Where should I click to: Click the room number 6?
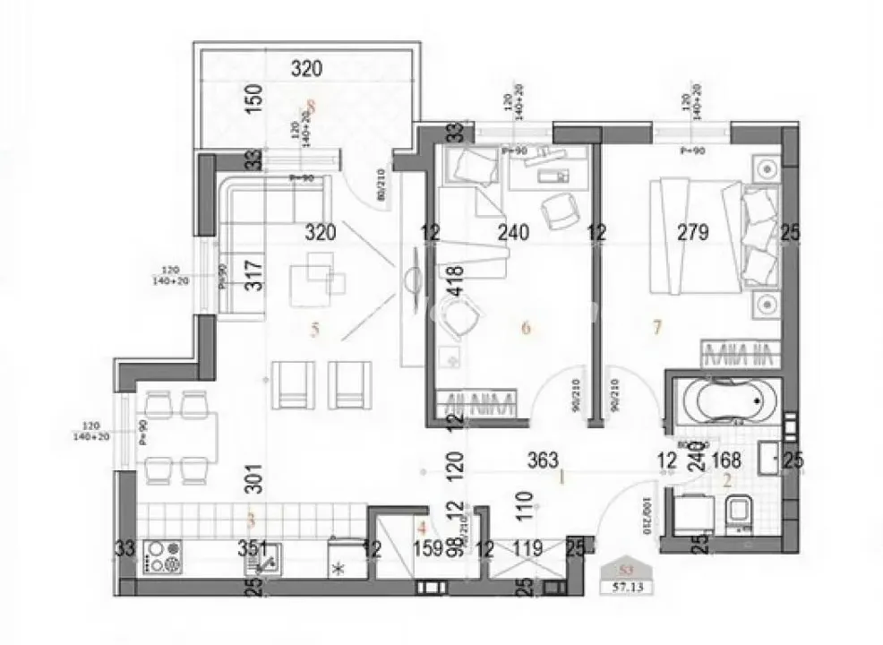tap(526, 328)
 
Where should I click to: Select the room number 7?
tap(656, 328)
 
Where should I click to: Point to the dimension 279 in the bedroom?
tap(693, 233)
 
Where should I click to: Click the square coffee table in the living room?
tap(320, 272)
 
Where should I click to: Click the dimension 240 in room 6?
tap(514, 233)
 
